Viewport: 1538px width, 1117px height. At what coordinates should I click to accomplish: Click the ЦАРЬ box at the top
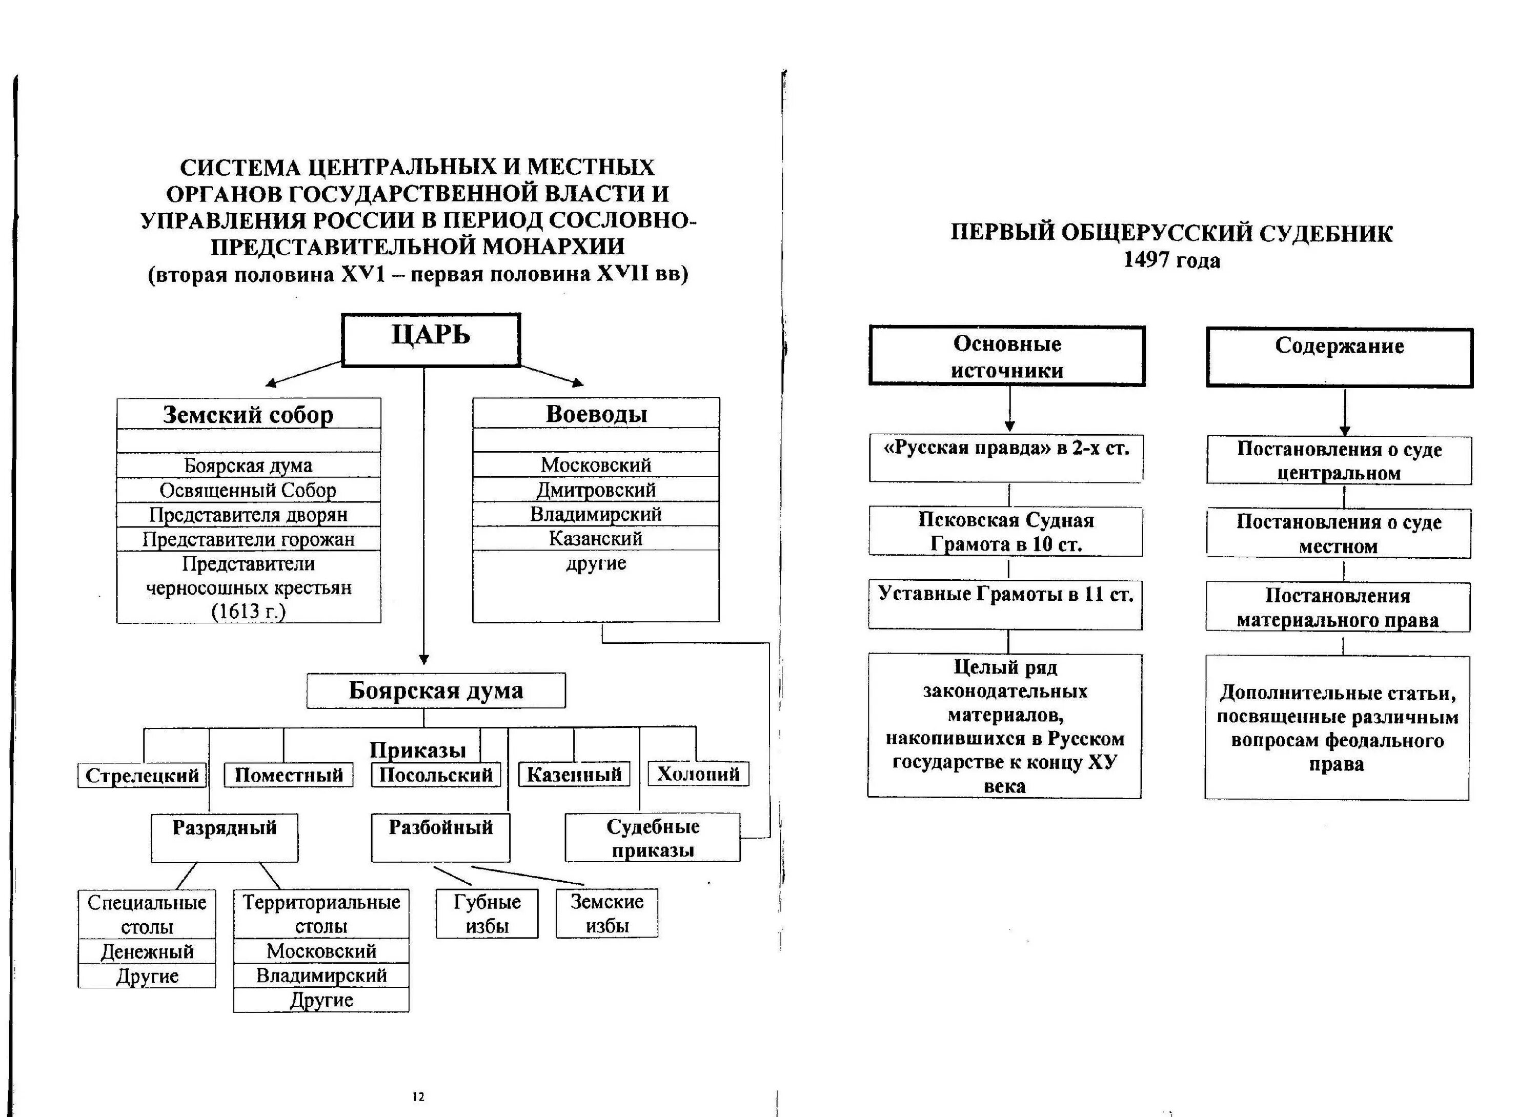coord(431,339)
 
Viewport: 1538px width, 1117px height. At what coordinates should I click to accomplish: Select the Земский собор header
coord(248,414)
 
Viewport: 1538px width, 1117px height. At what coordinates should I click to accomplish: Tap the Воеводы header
coord(596,413)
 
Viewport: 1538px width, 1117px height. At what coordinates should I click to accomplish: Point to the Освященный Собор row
coord(248,490)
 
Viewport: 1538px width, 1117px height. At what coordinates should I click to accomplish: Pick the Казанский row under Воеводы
coord(596,538)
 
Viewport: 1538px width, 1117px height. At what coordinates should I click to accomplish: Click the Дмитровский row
coord(596,489)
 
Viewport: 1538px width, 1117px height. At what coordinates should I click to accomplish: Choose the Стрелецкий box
coord(141,775)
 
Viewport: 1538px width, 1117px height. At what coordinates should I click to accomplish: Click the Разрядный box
coord(225,837)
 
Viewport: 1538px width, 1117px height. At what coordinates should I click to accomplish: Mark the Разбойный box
coord(441,837)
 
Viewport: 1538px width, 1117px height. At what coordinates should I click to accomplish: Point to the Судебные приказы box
coord(652,838)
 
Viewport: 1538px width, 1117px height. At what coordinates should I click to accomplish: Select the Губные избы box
coord(487,913)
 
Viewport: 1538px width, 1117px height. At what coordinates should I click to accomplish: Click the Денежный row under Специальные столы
coord(147,951)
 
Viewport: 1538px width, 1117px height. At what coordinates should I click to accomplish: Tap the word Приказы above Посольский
coord(418,749)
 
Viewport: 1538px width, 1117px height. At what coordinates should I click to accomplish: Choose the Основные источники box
coord(1007,357)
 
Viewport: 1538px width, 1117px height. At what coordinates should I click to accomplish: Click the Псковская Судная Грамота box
coord(1006,532)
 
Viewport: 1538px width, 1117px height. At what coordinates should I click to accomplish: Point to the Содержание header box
coord(1339,357)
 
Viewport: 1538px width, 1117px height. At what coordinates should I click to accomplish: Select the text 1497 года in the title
coord(1171,260)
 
